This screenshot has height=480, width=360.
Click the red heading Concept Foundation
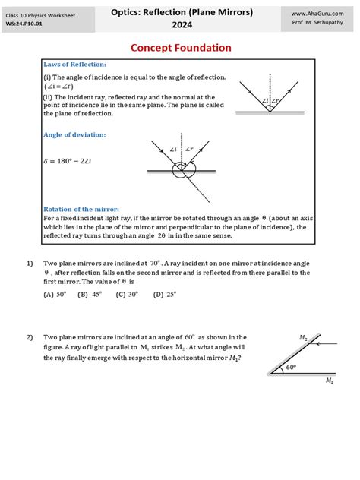coord(181,48)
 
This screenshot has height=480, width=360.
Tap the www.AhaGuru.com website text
coord(314,13)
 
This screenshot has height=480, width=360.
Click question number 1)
coord(30,263)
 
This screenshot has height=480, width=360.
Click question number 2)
coord(30,337)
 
